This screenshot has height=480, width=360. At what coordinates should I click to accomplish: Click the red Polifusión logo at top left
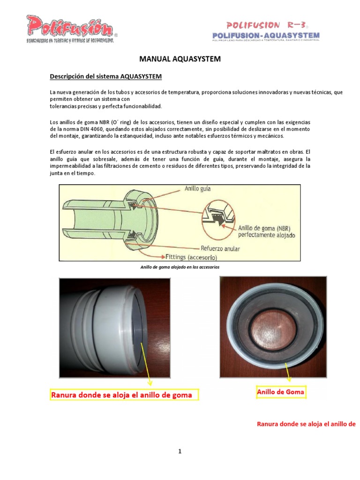pyautogui.click(x=69, y=27)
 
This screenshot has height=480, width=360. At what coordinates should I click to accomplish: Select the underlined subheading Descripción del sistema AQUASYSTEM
pyautogui.click(x=106, y=76)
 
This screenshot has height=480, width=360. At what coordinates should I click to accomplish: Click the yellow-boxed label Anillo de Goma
pyautogui.click(x=281, y=391)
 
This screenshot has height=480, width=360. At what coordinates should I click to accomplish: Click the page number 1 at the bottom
pyautogui.click(x=180, y=451)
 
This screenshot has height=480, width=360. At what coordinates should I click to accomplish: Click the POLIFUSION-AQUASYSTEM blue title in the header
pyautogui.click(x=266, y=35)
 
